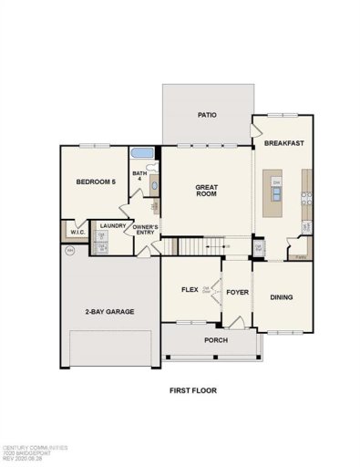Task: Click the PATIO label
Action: [x=207, y=116]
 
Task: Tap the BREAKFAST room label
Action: [x=283, y=144]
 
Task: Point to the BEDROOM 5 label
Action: [x=95, y=182]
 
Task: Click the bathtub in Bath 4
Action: [x=143, y=153]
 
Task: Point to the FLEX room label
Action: [x=190, y=289]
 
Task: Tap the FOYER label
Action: [x=237, y=293]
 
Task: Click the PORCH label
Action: [x=215, y=340]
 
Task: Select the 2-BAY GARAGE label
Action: [x=109, y=312]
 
